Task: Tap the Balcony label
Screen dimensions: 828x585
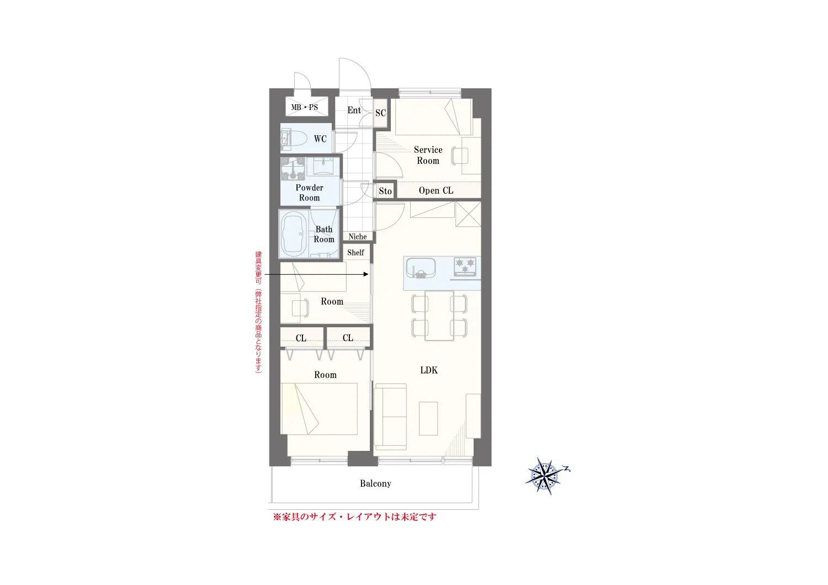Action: pyautogui.click(x=375, y=483)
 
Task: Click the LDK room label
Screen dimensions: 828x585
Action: pyautogui.click(x=429, y=370)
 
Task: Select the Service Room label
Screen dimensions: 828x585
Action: pyautogui.click(x=428, y=155)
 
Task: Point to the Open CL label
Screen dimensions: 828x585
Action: pyautogui.click(x=436, y=190)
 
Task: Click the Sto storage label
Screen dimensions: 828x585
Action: pyautogui.click(x=385, y=191)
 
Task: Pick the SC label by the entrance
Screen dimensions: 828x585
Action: pyautogui.click(x=380, y=113)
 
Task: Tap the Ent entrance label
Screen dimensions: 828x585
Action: pyautogui.click(x=354, y=110)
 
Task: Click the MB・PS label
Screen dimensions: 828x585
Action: pyautogui.click(x=304, y=108)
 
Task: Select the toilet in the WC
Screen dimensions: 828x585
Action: pyautogui.click(x=294, y=140)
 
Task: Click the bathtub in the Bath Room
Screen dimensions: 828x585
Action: pyautogui.click(x=294, y=234)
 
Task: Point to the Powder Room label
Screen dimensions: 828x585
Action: pyautogui.click(x=309, y=193)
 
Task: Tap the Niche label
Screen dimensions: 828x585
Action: pyautogui.click(x=358, y=237)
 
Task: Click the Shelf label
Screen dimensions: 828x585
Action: pyautogui.click(x=355, y=252)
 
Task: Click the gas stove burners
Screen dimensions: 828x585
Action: pyautogui.click(x=465, y=267)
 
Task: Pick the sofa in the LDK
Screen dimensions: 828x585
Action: pyautogui.click(x=390, y=417)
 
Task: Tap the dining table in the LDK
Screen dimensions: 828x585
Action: pyautogui.click(x=439, y=316)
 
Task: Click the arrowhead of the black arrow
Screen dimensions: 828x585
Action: pyautogui.click(x=366, y=274)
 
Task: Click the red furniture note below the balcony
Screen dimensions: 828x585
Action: pyautogui.click(x=354, y=517)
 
